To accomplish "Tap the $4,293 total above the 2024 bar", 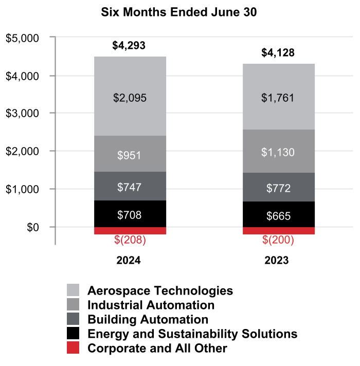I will coord(129,45).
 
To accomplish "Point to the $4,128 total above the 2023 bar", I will coord(278,52).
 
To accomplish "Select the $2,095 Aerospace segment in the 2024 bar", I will coord(130,97).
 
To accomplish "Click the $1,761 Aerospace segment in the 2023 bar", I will coord(278,97).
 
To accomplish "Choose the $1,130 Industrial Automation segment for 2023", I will coord(278,152).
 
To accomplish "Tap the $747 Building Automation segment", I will coord(130,187).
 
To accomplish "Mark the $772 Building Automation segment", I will coord(278,188).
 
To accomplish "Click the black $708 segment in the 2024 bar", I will coord(130,214).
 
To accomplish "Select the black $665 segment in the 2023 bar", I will coord(278,215).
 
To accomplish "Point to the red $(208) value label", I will coord(129,241).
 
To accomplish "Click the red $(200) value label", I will coord(278,241).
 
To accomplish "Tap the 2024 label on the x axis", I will coord(129,260).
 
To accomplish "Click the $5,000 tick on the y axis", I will coord(23,38).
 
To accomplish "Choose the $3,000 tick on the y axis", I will coord(23,114).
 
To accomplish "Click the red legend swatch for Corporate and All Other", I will coord(73,348).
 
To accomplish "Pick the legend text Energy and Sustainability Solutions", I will coord(192,334).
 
